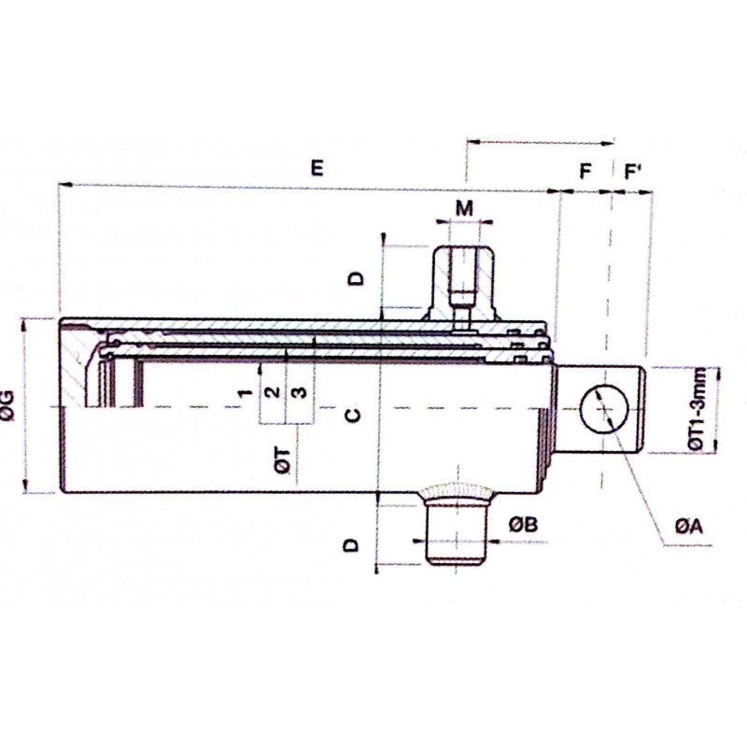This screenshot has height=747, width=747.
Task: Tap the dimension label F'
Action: point(632,173)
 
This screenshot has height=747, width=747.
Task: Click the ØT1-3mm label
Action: point(721,409)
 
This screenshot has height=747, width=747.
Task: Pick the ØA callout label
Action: point(689,529)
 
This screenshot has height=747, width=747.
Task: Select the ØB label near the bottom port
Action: point(523,526)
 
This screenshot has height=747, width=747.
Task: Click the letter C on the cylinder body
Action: point(351,416)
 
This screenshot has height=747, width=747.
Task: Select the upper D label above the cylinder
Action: point(354,278)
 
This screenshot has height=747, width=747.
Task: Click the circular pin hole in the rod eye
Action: point(602,409)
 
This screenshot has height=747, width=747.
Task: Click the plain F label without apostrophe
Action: point(585,173)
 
